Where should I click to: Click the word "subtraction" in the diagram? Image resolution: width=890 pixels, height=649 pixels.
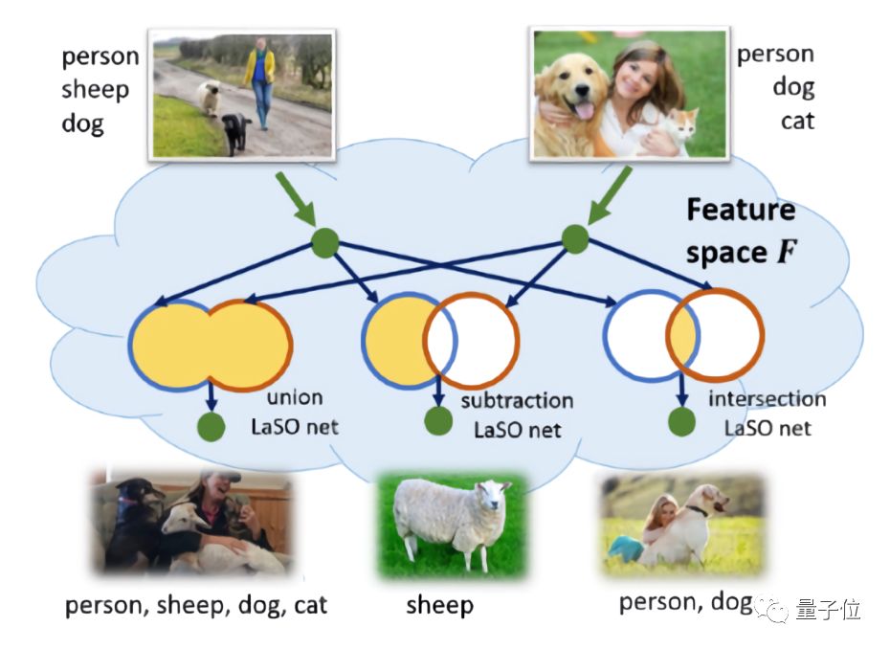pyautogui.click(x=517, y=400)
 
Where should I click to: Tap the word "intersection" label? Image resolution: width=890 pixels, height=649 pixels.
pyautogui.click(x=768, y=398)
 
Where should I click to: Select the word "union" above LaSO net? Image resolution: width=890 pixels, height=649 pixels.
pyautogui.click(x=295, y=396)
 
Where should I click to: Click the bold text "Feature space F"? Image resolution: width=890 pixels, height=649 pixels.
pyautogui.click(x=740, y=231)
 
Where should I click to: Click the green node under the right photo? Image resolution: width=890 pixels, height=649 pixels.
pyautogui.click(x=574, y=238)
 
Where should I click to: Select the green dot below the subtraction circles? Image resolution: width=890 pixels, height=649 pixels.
pyautogui.click(x=438, y=420)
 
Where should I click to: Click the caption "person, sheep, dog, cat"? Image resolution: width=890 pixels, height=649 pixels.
pyautogui.click(x=196, y=605)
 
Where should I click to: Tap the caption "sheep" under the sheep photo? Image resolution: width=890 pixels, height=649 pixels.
pyautogui.click(x=439, y=605)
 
